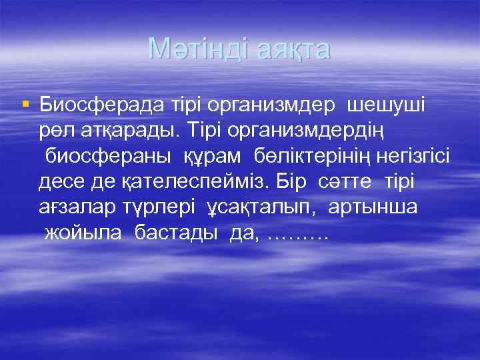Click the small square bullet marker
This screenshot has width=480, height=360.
(25, 103)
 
